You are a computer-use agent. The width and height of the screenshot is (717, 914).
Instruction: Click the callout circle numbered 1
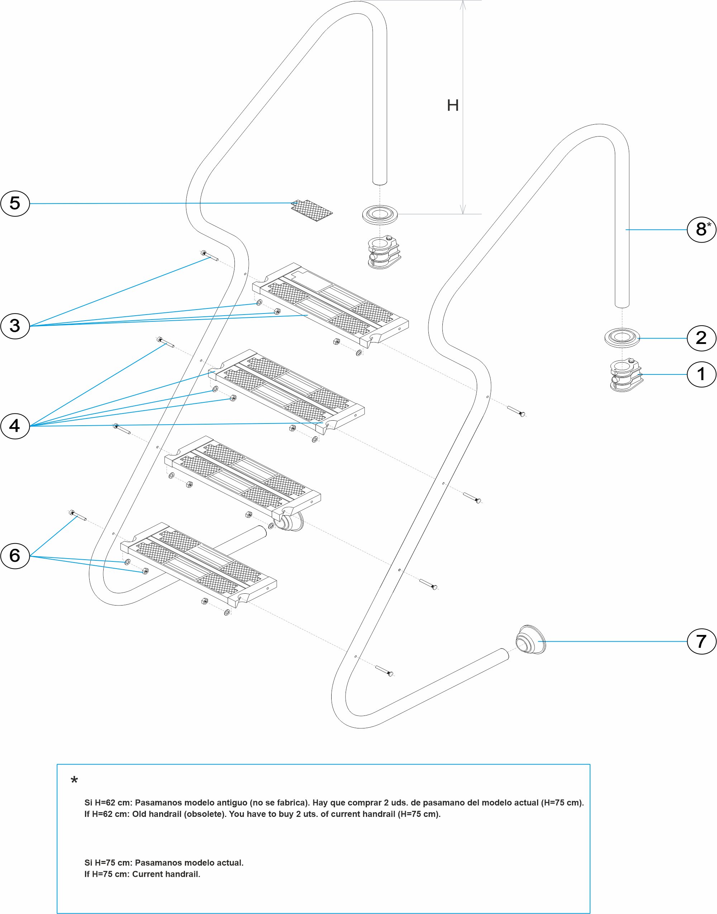click(701, 374)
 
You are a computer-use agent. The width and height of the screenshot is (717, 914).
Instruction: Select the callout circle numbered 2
click(701, 338)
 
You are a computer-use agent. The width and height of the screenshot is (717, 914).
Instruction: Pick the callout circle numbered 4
click(15, 426)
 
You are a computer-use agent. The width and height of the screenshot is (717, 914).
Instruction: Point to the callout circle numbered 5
click(15, 204)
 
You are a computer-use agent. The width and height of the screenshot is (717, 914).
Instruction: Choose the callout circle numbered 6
click(15, 555)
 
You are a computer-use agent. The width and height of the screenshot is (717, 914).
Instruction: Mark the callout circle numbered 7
click(701, 641)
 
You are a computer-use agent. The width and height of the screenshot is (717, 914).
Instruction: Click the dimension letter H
click(452, 105)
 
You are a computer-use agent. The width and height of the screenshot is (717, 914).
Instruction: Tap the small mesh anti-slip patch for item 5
click(312, 211)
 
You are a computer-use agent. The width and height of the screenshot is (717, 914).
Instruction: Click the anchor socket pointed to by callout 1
click(626, 375)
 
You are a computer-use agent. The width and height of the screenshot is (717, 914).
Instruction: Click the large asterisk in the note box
click(74, 781)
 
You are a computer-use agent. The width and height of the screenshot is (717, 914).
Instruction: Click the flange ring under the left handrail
click(380, 214)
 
